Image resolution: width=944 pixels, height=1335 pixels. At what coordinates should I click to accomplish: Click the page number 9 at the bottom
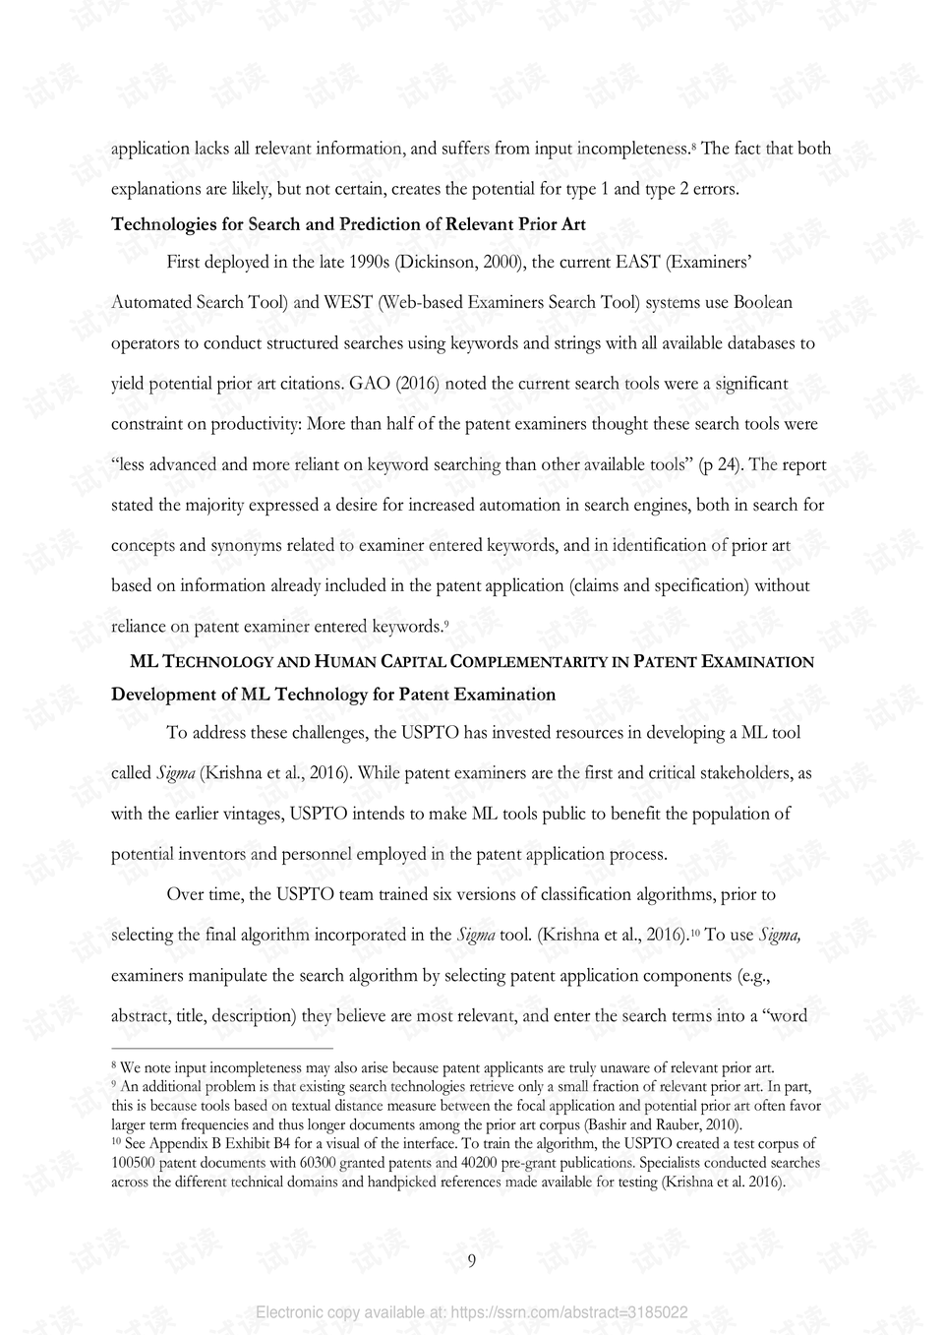(x=471, y=1261)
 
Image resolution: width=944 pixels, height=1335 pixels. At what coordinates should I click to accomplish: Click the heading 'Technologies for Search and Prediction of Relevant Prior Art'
(x=348, y=224)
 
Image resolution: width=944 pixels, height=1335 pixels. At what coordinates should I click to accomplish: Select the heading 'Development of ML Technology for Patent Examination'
(x=333, y=695)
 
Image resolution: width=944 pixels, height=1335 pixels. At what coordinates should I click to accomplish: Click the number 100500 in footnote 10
(x=135, y=1163)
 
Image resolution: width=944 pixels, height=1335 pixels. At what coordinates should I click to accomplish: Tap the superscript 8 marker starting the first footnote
(x=114, y=1066)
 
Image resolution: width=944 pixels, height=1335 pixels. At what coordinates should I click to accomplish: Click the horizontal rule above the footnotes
(x=222, y=1049)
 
